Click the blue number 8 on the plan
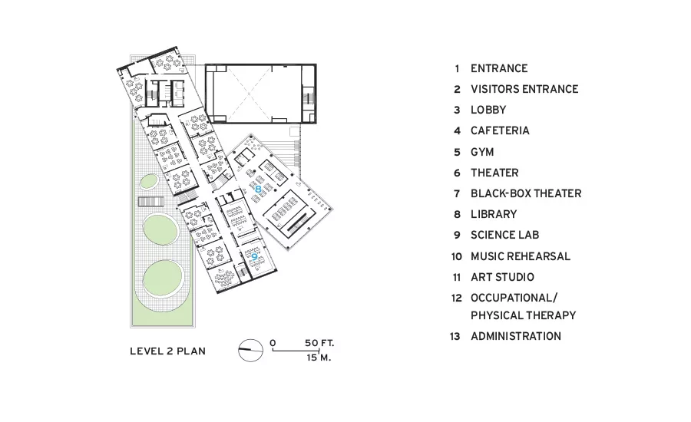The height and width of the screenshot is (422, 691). point(258,190)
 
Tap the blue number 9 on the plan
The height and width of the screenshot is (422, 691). point(254,256)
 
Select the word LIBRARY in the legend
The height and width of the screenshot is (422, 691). point(494,214)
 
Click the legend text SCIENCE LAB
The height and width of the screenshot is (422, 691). point(504,235)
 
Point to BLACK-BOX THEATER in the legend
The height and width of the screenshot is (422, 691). point(526,193)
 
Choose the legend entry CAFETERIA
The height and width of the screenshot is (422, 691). point(500,131)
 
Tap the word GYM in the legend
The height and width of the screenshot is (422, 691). point(482,152)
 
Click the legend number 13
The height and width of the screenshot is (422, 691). point(455,337)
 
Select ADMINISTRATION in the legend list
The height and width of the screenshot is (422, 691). point(516,336)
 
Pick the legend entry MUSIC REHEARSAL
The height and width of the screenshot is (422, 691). point(521,256)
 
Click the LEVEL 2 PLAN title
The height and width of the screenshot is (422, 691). point(167,351)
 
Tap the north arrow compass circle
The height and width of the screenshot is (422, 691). point(251,350)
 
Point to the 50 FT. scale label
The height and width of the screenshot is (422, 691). point(319,343)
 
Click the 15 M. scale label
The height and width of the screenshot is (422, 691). point(319,358)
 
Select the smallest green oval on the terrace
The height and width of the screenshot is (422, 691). point(150,182)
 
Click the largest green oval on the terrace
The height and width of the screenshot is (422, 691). point(163,280)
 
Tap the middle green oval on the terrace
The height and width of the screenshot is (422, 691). point(160,229)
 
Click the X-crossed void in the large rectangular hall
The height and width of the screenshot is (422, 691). point(249,94)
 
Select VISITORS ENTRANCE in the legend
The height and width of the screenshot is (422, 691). point(524,89)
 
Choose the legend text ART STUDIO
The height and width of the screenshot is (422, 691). point(502,277)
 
